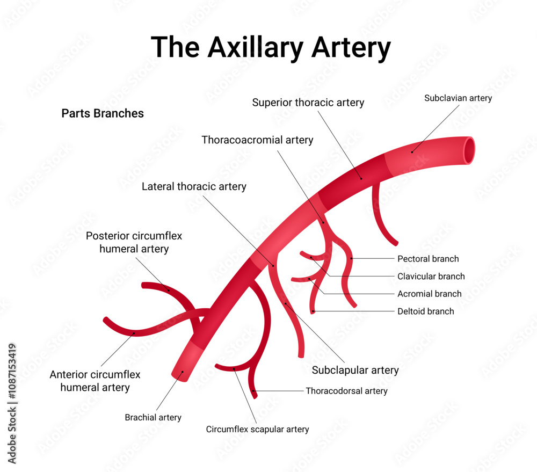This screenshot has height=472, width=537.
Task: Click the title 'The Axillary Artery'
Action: [x=271, y=47]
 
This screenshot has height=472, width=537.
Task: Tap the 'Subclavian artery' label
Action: [x=458, y=98]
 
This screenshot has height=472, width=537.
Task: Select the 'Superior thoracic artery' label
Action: [x=308, y=102]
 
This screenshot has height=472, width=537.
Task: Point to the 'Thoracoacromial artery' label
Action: [x=257, y=140]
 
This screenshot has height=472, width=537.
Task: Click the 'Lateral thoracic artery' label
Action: [x=194, y=187]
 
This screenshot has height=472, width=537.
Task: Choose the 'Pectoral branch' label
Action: [x=428, y=259]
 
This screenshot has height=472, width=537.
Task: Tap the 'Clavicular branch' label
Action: [x=431, y=277]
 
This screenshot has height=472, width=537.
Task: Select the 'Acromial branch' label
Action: [x=429, y=294]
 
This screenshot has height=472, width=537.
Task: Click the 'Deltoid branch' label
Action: [x=425, y=311]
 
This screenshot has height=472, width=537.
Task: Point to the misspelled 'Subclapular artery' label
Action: [x=355, y=370]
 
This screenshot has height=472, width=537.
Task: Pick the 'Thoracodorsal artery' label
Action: [x=346, y=391]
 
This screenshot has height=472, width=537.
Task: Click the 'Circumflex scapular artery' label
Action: [x=257, y=429]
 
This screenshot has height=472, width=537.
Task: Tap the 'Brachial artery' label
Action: [x=153, y=417]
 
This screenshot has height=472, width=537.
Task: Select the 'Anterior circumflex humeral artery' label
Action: [x=95, y=381]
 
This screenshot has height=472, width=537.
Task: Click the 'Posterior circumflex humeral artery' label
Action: [x=134, y=242]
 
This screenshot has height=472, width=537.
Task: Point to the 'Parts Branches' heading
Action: [x=103, y=113]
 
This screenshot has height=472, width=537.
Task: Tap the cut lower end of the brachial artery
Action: [x=180, y=375]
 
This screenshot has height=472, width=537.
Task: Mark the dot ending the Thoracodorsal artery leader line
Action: [x=254, y=390]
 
